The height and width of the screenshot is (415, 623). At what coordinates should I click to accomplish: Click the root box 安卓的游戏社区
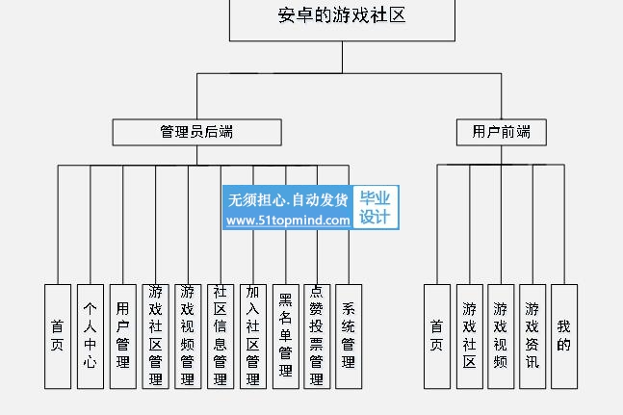(342, 17)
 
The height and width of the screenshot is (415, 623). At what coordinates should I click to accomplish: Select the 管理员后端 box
(196, 132)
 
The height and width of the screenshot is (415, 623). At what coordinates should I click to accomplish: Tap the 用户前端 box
(501, 132)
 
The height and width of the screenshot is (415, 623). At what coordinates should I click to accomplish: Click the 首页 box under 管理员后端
(58, 335)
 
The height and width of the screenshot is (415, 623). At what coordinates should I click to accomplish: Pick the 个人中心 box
(91, 335)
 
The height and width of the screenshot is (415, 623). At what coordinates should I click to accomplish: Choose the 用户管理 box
(122, 335)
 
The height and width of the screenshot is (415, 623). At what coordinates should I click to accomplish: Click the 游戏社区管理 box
(155, 335)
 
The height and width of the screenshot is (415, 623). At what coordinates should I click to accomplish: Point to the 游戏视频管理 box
(188, 335)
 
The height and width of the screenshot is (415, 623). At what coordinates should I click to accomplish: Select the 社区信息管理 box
(221, 335)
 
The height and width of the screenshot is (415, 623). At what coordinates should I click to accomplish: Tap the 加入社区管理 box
(252, 335)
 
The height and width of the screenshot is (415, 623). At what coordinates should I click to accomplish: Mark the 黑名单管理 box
(285, 335)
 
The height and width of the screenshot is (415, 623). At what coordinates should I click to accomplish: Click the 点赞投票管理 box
(317, 335)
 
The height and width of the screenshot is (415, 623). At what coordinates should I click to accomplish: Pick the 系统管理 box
(349, 335)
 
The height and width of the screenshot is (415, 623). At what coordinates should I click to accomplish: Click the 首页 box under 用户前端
(437, 335)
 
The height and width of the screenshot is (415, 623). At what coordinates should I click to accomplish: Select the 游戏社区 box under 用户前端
(469, 335)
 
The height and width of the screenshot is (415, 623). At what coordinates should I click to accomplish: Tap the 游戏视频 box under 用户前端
(501, 335)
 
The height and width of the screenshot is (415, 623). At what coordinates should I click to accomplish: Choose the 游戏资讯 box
(532, 335)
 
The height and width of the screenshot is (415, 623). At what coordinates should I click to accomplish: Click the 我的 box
(564, 335)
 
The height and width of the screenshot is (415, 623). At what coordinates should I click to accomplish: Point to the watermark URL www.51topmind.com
(288, 220)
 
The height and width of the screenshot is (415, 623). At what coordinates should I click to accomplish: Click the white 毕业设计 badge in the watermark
(376, 208)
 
